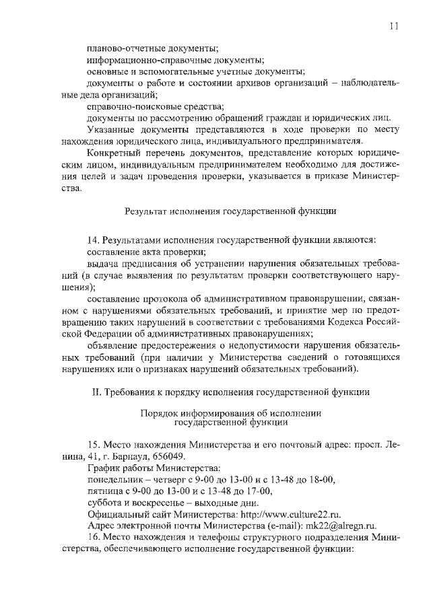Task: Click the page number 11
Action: pyautogui.click(x=395, y=26)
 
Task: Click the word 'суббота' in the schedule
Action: pyautogui.click(x=104, y=502)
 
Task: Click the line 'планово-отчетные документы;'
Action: pyautogui.click(x=153, y=48)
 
